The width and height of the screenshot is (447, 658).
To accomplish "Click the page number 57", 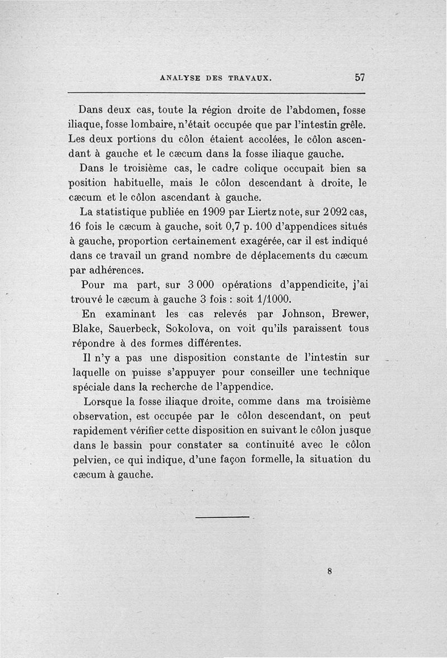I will pos(359,77).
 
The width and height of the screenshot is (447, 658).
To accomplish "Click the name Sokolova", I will pos(188,328).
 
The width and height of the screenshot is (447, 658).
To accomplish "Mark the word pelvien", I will pos(91,460).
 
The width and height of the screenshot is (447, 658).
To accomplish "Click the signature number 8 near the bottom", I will pos(330,571).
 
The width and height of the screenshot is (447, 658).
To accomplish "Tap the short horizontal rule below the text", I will pos(222,517).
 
